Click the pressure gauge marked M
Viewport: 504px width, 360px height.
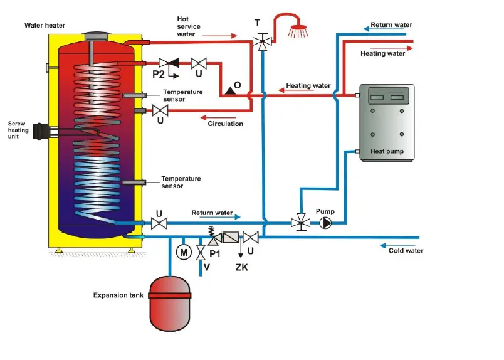point(184,252)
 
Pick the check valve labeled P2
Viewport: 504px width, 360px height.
point(168,63)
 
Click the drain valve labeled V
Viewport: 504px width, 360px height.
point(201,253)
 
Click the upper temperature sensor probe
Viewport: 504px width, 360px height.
point(135,95)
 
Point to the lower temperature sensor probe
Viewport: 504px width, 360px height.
point(135,183)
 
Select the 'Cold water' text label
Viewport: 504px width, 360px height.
point(406,250)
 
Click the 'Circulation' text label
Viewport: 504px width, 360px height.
point(225,124)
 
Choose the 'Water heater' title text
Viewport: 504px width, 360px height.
point(45,26)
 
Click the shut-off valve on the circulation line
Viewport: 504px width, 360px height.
point(160,111)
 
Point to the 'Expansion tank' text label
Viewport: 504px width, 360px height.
point(118,295)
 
